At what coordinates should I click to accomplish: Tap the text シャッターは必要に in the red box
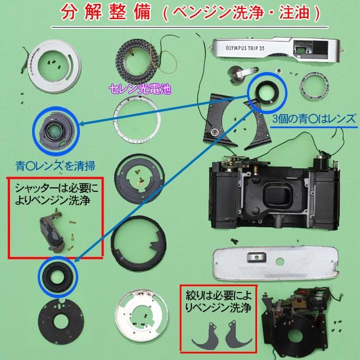point(55,188)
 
